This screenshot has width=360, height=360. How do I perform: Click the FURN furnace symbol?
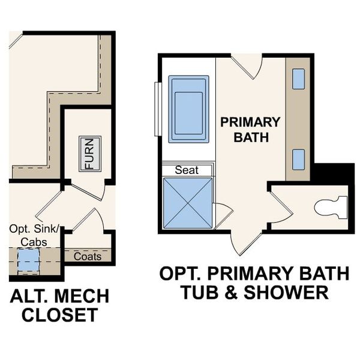tap(89, 154)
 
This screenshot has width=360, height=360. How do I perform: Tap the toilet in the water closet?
tap(331, 207)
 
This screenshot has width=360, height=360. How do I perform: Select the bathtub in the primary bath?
tap(188, 109)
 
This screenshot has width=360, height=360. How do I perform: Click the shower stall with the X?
tap(188, 203)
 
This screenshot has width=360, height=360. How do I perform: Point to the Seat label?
tap(187, 170)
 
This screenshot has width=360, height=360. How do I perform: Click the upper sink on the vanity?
tap(298, 79)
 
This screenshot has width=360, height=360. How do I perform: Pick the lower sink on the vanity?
tap(298, 159)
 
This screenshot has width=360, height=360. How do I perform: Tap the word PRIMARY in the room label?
tap(250, 122)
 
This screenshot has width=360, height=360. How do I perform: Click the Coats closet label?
tap(88, 256)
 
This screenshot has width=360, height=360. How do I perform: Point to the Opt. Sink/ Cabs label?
tap(34, 235)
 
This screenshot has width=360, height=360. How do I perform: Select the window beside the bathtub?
tap(157, 109)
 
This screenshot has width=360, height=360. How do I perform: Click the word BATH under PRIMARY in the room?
tap(250, 137)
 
